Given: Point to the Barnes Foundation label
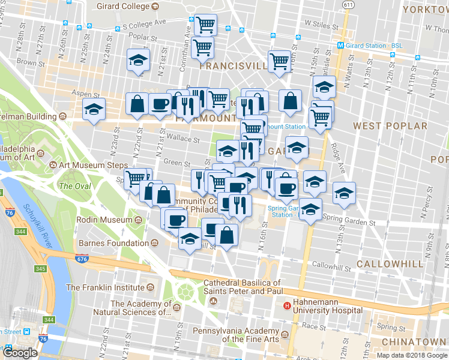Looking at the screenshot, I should pos(113,243).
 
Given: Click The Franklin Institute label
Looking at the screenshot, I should pos(106,287).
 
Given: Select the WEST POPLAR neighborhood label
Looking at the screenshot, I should pos(390,126).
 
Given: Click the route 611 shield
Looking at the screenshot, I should pos(348,5).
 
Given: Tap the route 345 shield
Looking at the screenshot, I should pos(40,268).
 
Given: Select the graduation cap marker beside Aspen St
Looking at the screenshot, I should pos(94,110).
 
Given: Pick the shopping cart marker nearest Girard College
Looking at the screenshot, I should pos(205,25).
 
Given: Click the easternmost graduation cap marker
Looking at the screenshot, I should pos(343,194).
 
